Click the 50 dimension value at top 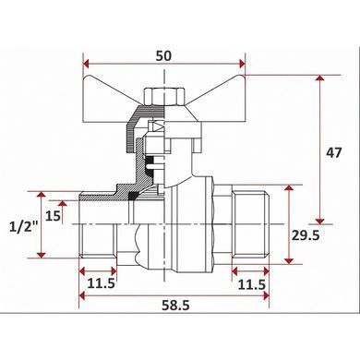[x=163, y=56]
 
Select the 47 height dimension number [x=334, y=152]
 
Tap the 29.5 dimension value [x=306, y=235]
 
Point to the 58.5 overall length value [x=176, y=306]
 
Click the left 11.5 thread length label [x=102, y=283]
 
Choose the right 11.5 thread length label [x=252, y=285]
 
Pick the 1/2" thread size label [x=23, y=228]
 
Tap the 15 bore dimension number [x=53, y=216]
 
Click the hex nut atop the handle [x=165, y=96]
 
